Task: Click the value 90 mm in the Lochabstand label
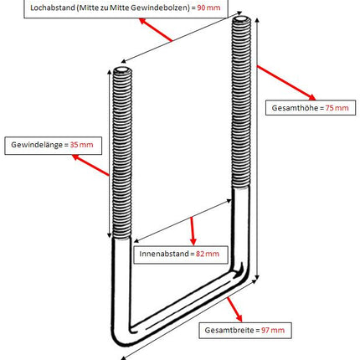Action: (208, 8)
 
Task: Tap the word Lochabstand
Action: (53, 8)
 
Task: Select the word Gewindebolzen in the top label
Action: (160, 8)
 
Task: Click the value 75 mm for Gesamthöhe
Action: (337, 108)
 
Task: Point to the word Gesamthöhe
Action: (295, 108)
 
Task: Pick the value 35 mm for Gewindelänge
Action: (81, 145)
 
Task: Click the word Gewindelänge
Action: (37, 145)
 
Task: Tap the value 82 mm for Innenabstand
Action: (208, 254)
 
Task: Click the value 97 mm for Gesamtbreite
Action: (273, 330)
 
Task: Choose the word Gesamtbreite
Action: (229, 330)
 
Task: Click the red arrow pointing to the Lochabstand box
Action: (156, 29)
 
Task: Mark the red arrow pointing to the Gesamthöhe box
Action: (286, 83)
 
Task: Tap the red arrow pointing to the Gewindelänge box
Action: (90, 165)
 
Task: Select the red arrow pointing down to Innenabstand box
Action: (193, 231)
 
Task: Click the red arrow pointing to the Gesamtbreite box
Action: (234, 310)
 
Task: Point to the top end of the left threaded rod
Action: (122, 69)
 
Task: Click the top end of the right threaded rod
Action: (241, 19)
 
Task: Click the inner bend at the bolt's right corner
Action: (236, 270)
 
